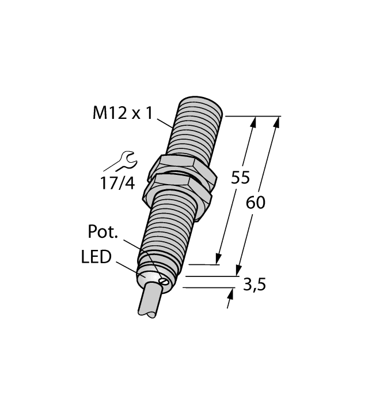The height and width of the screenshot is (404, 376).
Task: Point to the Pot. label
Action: pos(103,232)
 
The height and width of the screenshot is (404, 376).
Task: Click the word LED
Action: pos(96,257)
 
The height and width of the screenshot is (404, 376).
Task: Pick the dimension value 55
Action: pos(240,178)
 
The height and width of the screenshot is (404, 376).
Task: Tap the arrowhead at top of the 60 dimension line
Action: pos(278,121)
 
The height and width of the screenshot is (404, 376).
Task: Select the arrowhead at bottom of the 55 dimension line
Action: pos(218,259)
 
